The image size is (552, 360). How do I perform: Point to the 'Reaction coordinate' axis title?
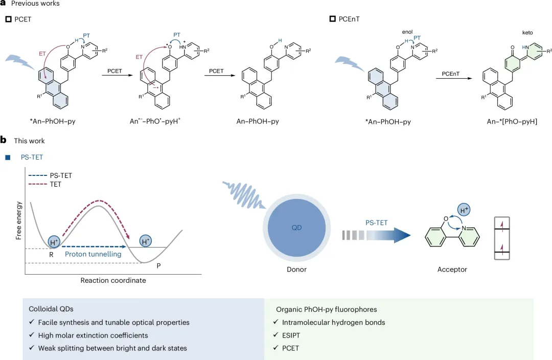(x=113, y=280)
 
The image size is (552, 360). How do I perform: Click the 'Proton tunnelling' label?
(x=94, y=254)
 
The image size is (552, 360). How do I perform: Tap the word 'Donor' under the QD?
(x=296, y=269)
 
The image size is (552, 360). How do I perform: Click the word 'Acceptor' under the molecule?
(x=452, y=269)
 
